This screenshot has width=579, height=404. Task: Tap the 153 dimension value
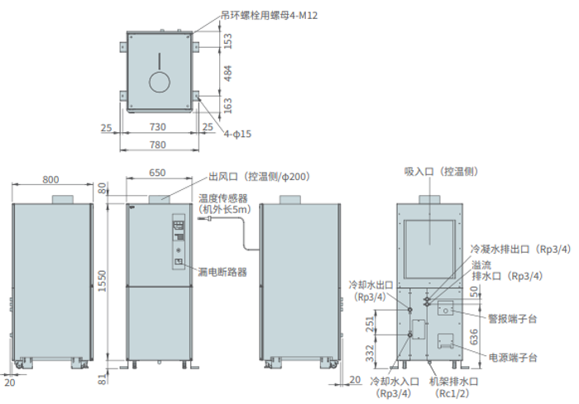point(227,39)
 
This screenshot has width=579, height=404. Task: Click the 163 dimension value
point(227,105)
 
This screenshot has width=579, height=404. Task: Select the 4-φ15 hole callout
point(237,133)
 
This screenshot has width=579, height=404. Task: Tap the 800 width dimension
point(51,179)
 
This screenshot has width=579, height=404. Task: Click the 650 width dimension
point(157,173)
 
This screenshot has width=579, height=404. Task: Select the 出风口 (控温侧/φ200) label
point(257,177)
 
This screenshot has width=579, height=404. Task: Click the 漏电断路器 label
point(223,271)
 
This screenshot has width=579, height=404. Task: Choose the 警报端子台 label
point(513,317)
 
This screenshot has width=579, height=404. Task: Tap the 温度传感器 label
point(223,198)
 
